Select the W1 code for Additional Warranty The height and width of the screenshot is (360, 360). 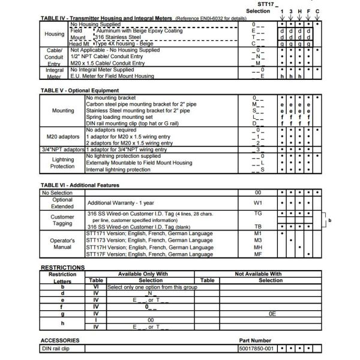(x=258, y=203)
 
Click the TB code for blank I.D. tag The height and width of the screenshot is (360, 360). (x=258, y=226)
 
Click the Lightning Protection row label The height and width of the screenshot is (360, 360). (x=63, y=163)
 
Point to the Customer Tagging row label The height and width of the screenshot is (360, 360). (x=62, y=220)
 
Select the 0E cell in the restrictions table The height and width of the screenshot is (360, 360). (x=272, y=313)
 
